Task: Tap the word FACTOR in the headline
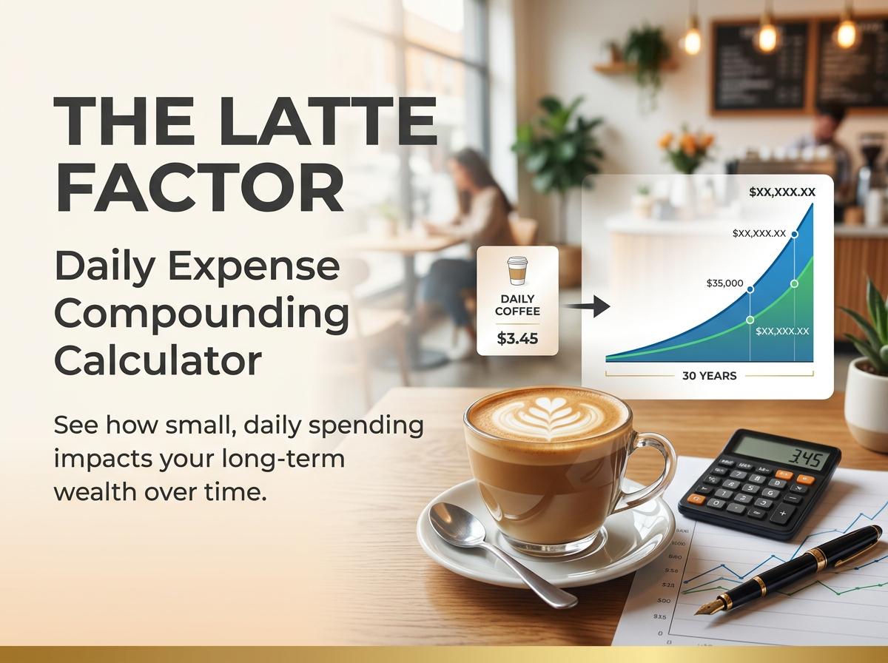tap(200, 189)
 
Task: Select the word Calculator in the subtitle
tap(158, 361)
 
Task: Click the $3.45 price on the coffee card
tap(517, 339)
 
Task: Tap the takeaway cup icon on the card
tap(517, 271)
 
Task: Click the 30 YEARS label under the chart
tap(709, 376)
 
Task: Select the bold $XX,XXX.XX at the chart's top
tap(781, 192)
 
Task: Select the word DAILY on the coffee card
tap(517, 298)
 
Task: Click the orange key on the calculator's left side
tap(696, 499)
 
